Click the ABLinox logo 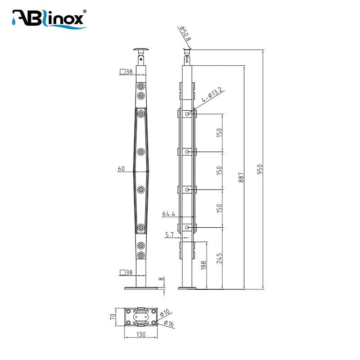(x=49, y=19)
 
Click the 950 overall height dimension (x=260, y=169)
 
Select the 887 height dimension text (x=241, y=177)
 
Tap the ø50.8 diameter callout (x=185, y=33)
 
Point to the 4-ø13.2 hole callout (x=212, y=94)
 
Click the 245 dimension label (x=219, y=258)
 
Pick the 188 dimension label (x=203, y=265)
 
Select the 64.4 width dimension (x=169, y=214)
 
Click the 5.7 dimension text (x=170, y=234)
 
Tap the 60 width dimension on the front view (x=121, y=169)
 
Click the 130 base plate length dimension (x=141, y=334)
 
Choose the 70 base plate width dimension (x=113, y=317)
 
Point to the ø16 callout (x=169, y=324)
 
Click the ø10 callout (x=165, y=313)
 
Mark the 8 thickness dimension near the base (x=161, y=279)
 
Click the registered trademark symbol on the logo (x=85, y=11)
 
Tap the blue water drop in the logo (x=14, y=22)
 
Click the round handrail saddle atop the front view (x=141, y=49)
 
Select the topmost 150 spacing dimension (x=219, y=133)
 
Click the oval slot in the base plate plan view (x=141, y=317)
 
